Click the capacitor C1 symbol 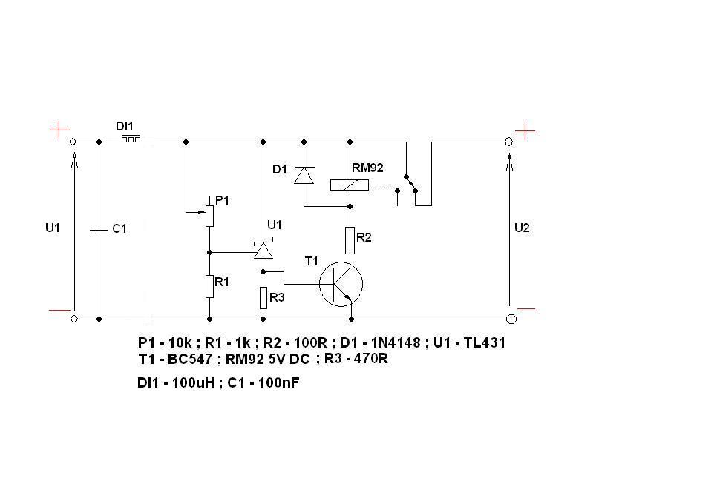coord(99,231)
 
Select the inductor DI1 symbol coord(131,139)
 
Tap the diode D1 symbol coord(304,175)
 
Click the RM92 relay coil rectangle coord(350,185)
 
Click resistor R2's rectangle coord(350,240)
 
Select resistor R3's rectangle coord(263,298)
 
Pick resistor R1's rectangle coord(209,286)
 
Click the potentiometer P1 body coord(209,216)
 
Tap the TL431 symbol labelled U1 coord(263,250)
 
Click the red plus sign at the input coord(60,130)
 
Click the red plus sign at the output coord(525,131)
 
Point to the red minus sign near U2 coord(526,309)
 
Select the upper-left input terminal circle coord(73,142)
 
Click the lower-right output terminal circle coord(511,319)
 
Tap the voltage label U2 coord(522,228)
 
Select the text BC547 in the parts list coord(190,360)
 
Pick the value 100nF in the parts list coord(278,383)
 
